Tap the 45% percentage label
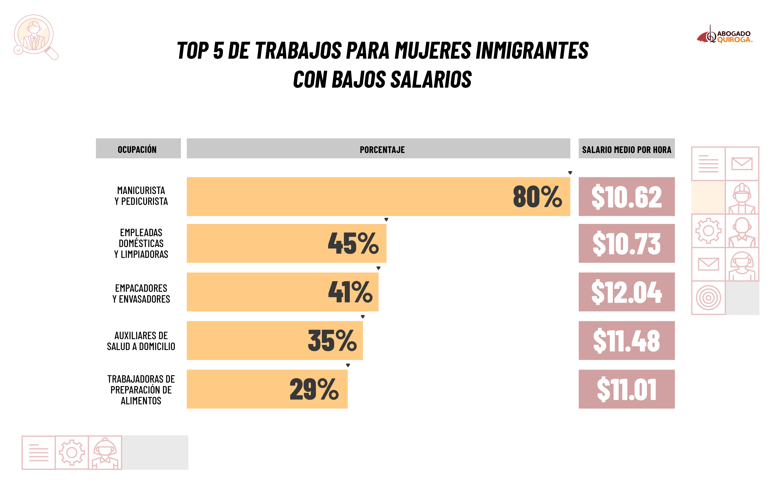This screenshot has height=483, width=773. click(x=353, y=243)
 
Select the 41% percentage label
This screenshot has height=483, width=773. click(x=350, y=292)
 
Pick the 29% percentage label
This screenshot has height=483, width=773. click(x=314, y=389)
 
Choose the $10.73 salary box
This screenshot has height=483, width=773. click(x=626, y=243)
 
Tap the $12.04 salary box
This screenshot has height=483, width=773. click(x=626, y=292)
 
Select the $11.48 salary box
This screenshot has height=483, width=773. click(x=626, y=341)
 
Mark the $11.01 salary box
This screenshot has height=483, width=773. click(x=626, y=389)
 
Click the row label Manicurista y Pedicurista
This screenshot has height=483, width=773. click(x=141, y=196)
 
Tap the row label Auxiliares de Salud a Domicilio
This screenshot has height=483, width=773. click(x=141, y=341)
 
